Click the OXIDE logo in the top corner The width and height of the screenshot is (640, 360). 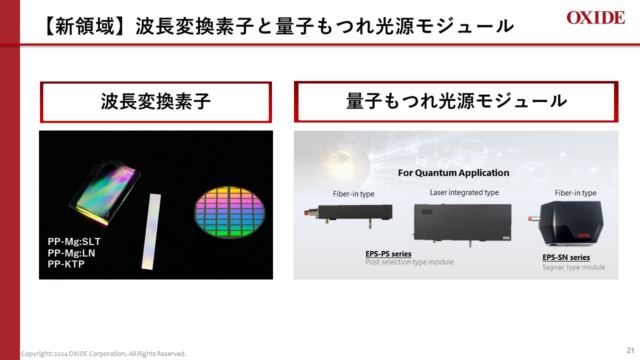[595, 18]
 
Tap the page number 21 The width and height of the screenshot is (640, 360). [630, 349]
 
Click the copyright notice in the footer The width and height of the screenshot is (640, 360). [103, 354]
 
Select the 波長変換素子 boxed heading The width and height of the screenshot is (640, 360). [155, 102]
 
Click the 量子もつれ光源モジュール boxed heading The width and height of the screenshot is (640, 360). [456, 101]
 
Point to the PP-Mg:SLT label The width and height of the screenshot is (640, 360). [74, 242]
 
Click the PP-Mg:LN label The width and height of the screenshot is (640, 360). [71, 253]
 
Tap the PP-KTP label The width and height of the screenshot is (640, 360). [66, 264]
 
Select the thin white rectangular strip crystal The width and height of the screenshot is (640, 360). [152, 231]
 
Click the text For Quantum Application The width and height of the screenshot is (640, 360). [453, 173]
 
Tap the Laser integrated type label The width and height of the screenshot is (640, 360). [464, 192]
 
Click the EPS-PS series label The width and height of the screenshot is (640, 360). [388, 254]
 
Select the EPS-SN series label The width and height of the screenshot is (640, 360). [566, 257]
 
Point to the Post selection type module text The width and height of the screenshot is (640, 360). [409, 262]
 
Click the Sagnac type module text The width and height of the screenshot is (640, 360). [573, 267]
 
